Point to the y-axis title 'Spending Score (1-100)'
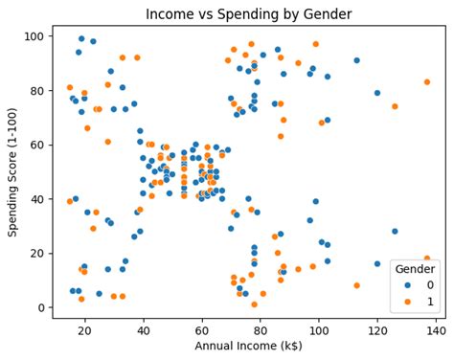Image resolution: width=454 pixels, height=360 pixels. click(13, 172)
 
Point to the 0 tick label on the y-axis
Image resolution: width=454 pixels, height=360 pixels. click(41, 307)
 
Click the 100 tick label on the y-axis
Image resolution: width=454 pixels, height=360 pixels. click(35, 36)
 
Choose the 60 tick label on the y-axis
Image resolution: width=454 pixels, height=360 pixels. click(38, 145)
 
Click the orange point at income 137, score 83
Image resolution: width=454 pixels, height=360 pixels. click(427, 82)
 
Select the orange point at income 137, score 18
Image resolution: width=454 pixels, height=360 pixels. click(427, 259)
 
